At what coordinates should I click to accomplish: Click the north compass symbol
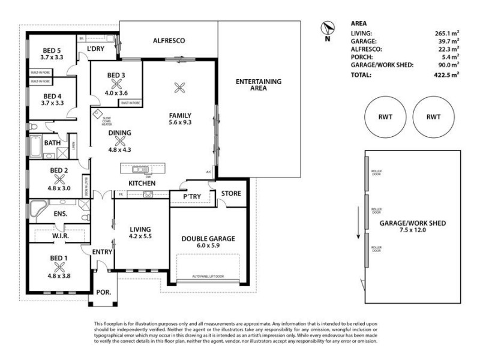(x=327, y=29)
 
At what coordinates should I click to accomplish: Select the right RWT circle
(x=433, y=117)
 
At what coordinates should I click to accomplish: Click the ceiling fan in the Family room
(x=178, y=88)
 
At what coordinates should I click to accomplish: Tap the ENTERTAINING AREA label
(x=259, y=85)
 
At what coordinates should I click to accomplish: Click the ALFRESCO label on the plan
(x=168, y=41)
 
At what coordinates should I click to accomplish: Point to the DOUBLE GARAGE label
(x=208, y=238)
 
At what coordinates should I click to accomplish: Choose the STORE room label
(x=231, y=193)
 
